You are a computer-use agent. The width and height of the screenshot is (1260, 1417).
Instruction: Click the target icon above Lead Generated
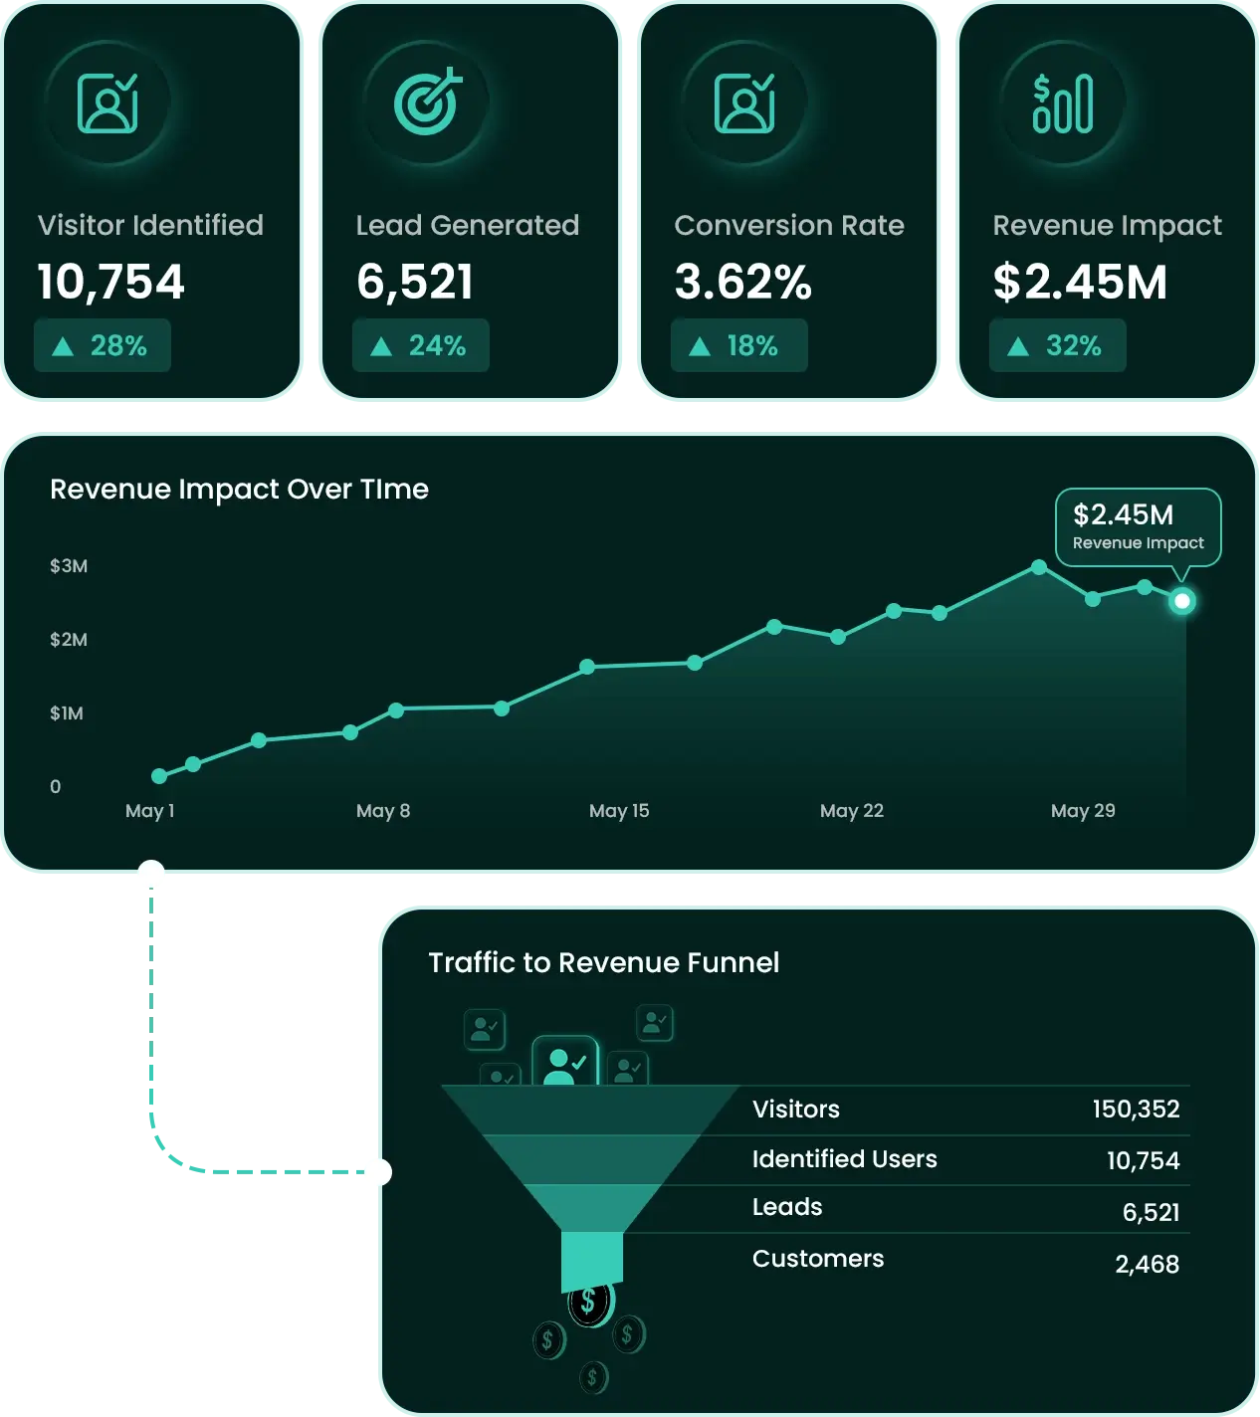coord(427,102)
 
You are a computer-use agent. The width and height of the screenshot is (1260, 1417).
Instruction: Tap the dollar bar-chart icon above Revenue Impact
coord(1062,102)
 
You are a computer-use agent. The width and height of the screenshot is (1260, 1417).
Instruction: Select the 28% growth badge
coord(103,345)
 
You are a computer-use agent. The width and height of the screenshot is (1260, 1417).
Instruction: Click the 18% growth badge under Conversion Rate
coord(738,345)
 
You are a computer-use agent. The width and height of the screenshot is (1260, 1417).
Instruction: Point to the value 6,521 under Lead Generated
coord(415,283)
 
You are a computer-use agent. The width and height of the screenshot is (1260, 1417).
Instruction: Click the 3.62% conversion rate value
coord(743,282)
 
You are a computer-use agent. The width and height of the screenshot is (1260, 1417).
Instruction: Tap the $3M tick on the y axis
coord(69,566)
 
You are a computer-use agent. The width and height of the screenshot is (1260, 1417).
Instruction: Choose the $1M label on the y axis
coord(67,713)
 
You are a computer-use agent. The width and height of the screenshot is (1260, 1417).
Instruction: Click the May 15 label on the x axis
coord(619,811)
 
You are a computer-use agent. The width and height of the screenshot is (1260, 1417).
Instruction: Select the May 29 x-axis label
coord(1083,811)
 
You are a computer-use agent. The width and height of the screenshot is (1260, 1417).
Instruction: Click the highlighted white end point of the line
coord(1182,601)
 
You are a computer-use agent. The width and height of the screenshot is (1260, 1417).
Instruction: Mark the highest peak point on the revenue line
coord(1040,566)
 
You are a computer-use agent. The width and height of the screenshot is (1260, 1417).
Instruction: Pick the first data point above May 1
coord(159,775)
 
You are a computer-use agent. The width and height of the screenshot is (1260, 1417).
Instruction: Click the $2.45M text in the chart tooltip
coord(1123,514)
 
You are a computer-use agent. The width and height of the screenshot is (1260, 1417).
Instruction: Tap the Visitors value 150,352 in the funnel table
coord(1137,1109)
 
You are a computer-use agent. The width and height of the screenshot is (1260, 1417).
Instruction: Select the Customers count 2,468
coord(1148,1264)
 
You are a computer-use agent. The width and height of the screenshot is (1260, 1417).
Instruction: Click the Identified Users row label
coord(844,1159)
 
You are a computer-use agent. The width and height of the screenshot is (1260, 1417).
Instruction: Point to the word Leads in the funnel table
coord(787,1207)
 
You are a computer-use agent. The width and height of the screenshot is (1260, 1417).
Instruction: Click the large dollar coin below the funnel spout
coord(590,1301)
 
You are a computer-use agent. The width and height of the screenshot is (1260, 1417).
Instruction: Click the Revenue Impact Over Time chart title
coord(239,489)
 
